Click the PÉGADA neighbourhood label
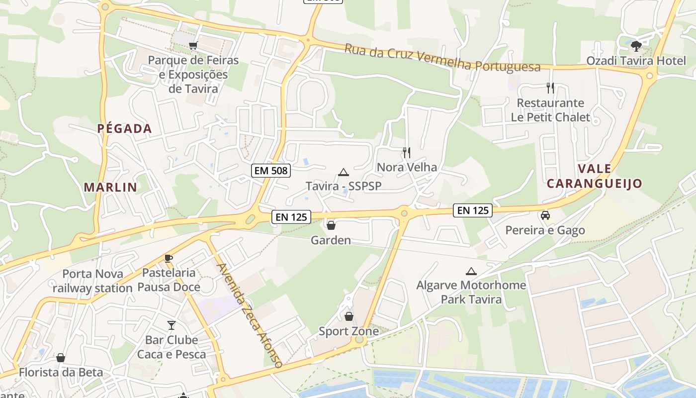[x=124, y=129]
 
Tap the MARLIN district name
[x=110, y=188]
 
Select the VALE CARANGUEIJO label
[x=595, y=176]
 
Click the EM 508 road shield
[x=270, y=171]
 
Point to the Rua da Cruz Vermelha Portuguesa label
[x=442, y=58]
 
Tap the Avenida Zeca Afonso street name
[x=250, y=315]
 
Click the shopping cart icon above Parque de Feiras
[x=193, y=45]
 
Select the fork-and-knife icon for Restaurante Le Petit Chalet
[x=550, y=88]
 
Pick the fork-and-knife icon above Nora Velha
[x=407, y=152]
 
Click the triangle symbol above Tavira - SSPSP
[x=343, y=173]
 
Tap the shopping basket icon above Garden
[x=331, y=225]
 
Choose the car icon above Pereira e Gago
[x=545, y=215]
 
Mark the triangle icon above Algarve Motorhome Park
[x=471, y=271]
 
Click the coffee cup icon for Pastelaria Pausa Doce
[x=169, y=258]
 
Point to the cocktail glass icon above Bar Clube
[x=172, y=325]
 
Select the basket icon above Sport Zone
[x=348, y=316]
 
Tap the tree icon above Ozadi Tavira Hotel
[x=635, y=46]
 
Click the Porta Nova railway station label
[x=92, y=281]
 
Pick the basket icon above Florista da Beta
[x=61, y=358]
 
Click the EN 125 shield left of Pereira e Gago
[x=472, y=210]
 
